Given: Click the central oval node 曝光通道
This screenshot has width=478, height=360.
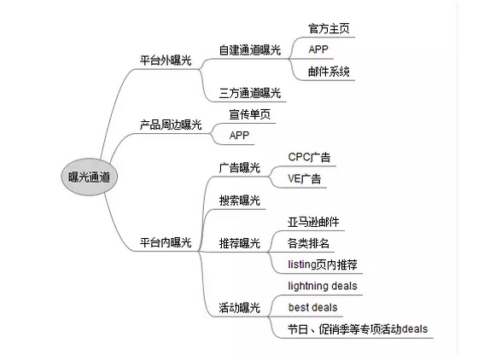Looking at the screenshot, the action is pyautogui.click(x=90, y=177).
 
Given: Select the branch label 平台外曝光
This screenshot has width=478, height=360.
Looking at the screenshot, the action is pyautogui.click(x=166, y=61).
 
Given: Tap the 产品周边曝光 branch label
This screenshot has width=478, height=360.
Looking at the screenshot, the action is pyautogui.click(x=171, y=125).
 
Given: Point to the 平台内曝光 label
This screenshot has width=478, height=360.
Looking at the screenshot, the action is pyautogui.click(x=166, y=242).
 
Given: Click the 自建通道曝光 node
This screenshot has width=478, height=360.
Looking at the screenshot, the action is pyautogui.click(x=250, y=50).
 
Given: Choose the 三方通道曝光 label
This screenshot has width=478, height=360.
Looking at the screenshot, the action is pyautogui.click(x=250, y=93).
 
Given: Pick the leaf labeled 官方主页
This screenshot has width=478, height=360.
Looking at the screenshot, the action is pyautogui.click(x=329, y=29).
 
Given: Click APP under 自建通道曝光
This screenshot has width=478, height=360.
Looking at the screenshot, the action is pyautogui.click(x=318, y=49).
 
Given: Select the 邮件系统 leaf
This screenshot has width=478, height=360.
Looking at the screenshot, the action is pyautogui.click(x=329, y=72).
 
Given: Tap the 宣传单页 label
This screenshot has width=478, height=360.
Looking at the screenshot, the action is pyautogui.click(x=249, y=114).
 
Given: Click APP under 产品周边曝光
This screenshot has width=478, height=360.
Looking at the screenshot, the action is pyautogui.click(x=239, y=136).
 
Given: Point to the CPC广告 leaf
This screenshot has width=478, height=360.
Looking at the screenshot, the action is pyautogui.click(x=309, y=157).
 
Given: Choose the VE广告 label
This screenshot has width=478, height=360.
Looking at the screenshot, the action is pyautogui.click(x=304, y=178).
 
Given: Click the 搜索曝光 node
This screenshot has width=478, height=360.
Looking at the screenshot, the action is pyautogui.click(x=240, y=200).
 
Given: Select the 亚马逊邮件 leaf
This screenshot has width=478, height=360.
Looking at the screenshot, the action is pyautogui.click(x=313, y=222).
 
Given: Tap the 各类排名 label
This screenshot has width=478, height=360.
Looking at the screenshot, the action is pyautogui.click(x=308, y=243).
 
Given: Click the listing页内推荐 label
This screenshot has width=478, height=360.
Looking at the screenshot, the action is pyautogui.click(x=323, y=264).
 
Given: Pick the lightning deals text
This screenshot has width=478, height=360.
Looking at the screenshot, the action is pyautogui.click(x=323, y=286).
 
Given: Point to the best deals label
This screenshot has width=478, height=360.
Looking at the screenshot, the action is pyautogui.click(x=312, y=307).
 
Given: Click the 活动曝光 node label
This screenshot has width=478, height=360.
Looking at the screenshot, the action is pyautogui.click(x=240, y=308).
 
